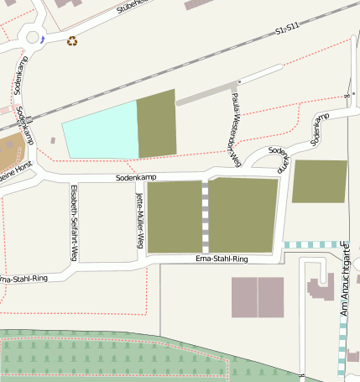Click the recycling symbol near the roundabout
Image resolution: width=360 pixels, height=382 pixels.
pyautogui.click(x=72, y=39)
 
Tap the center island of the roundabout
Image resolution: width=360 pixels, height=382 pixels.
pyautogui.click(x=34, y=37)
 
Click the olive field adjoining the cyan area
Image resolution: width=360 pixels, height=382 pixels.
pyautogui.click(x=156, y=123)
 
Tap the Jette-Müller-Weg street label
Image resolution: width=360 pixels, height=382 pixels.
pyautogui.click(x=139, y=220)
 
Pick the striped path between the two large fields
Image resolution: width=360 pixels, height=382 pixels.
pyautogui.click(x=205, y=215)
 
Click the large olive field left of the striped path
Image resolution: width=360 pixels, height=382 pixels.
pyautogui.click(x=175, y=216)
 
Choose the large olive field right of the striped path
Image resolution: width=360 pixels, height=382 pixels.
pyautogui.click(x=243, y=214)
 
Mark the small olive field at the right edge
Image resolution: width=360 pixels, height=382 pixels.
pyautogui.click(x=319, y=181)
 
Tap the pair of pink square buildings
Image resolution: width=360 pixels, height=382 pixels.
pyautogui.click(x=258, y=297)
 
